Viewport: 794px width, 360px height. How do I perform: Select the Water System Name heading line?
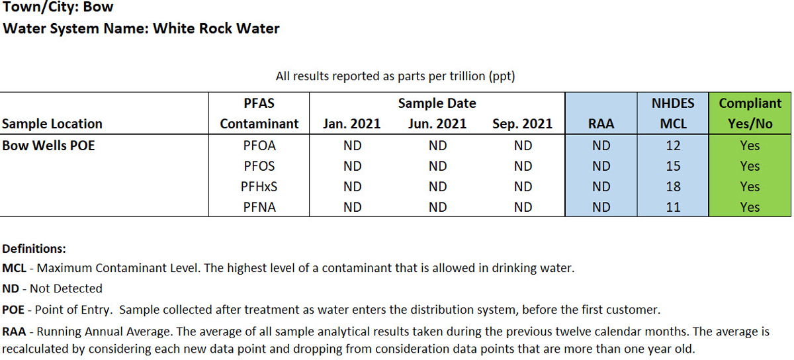pos(141,28)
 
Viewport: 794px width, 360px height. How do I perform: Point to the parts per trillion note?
pos(395,76)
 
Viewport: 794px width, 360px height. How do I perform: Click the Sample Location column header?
pos(52,124)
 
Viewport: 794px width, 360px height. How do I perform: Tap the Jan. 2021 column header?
pos(351,124)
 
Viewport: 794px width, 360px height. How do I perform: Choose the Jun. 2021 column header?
pos(437,124)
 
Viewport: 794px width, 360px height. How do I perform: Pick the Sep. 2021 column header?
pos(523,124)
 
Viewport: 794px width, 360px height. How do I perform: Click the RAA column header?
pos(601,124)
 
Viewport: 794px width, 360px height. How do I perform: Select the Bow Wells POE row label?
pos(48,146)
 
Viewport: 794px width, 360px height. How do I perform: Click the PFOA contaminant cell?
pos(259,146)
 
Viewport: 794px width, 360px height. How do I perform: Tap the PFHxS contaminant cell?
pos(259,187)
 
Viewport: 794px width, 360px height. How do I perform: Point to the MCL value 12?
pos(673,146)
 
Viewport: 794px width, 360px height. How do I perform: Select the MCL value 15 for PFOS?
pos(673,166)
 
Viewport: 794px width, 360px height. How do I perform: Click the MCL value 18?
pos(673,187)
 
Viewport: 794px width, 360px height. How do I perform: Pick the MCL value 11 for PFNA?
pos(673,207)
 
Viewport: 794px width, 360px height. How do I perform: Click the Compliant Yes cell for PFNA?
pos(750,207)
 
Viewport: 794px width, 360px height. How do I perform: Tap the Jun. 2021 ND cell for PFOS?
pos(437,166)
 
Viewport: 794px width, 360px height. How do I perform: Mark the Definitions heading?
pos(34,249)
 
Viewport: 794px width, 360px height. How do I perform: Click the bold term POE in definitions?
pos(14,310)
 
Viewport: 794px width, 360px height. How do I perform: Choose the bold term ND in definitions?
pos(12,289)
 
